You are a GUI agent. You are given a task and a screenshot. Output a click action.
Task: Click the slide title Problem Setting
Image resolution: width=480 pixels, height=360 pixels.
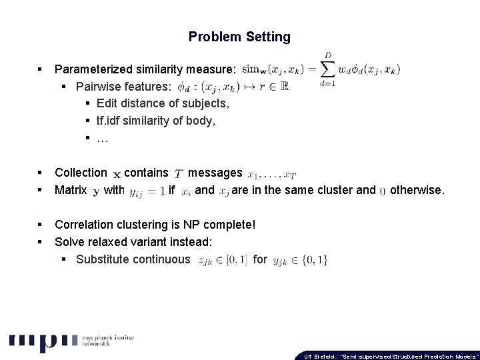pos(239,37)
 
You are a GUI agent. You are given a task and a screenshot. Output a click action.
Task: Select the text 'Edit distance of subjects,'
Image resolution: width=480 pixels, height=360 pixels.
pos(163,103)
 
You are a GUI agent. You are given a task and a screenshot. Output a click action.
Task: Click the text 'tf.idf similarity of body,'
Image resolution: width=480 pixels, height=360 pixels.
pos(156,121)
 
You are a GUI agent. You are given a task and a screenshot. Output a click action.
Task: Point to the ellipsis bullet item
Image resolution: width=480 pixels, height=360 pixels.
pos(102,138)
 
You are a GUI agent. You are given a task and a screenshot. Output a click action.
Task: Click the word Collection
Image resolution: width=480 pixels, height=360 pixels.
pos(81,173)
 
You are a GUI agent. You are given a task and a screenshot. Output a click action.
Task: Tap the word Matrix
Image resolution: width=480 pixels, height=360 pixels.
pos(71,190)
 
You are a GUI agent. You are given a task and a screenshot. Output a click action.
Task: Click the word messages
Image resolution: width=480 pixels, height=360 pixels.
pos(215,173)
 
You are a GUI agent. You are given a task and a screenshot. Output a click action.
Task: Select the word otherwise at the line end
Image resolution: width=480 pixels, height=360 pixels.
pos(417,190)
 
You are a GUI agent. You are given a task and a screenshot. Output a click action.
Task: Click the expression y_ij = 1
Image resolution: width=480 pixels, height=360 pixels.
pos(147,191)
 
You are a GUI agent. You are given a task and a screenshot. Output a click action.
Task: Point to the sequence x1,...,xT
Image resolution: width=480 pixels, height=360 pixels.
pos(271,175)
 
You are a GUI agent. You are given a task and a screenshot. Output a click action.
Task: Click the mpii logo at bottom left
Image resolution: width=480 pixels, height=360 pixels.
pos(43,341)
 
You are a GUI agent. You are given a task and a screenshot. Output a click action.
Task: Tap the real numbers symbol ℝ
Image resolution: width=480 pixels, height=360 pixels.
pos(284,87)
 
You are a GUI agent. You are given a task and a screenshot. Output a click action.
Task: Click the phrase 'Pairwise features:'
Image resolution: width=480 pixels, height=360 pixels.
pos(123,87)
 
